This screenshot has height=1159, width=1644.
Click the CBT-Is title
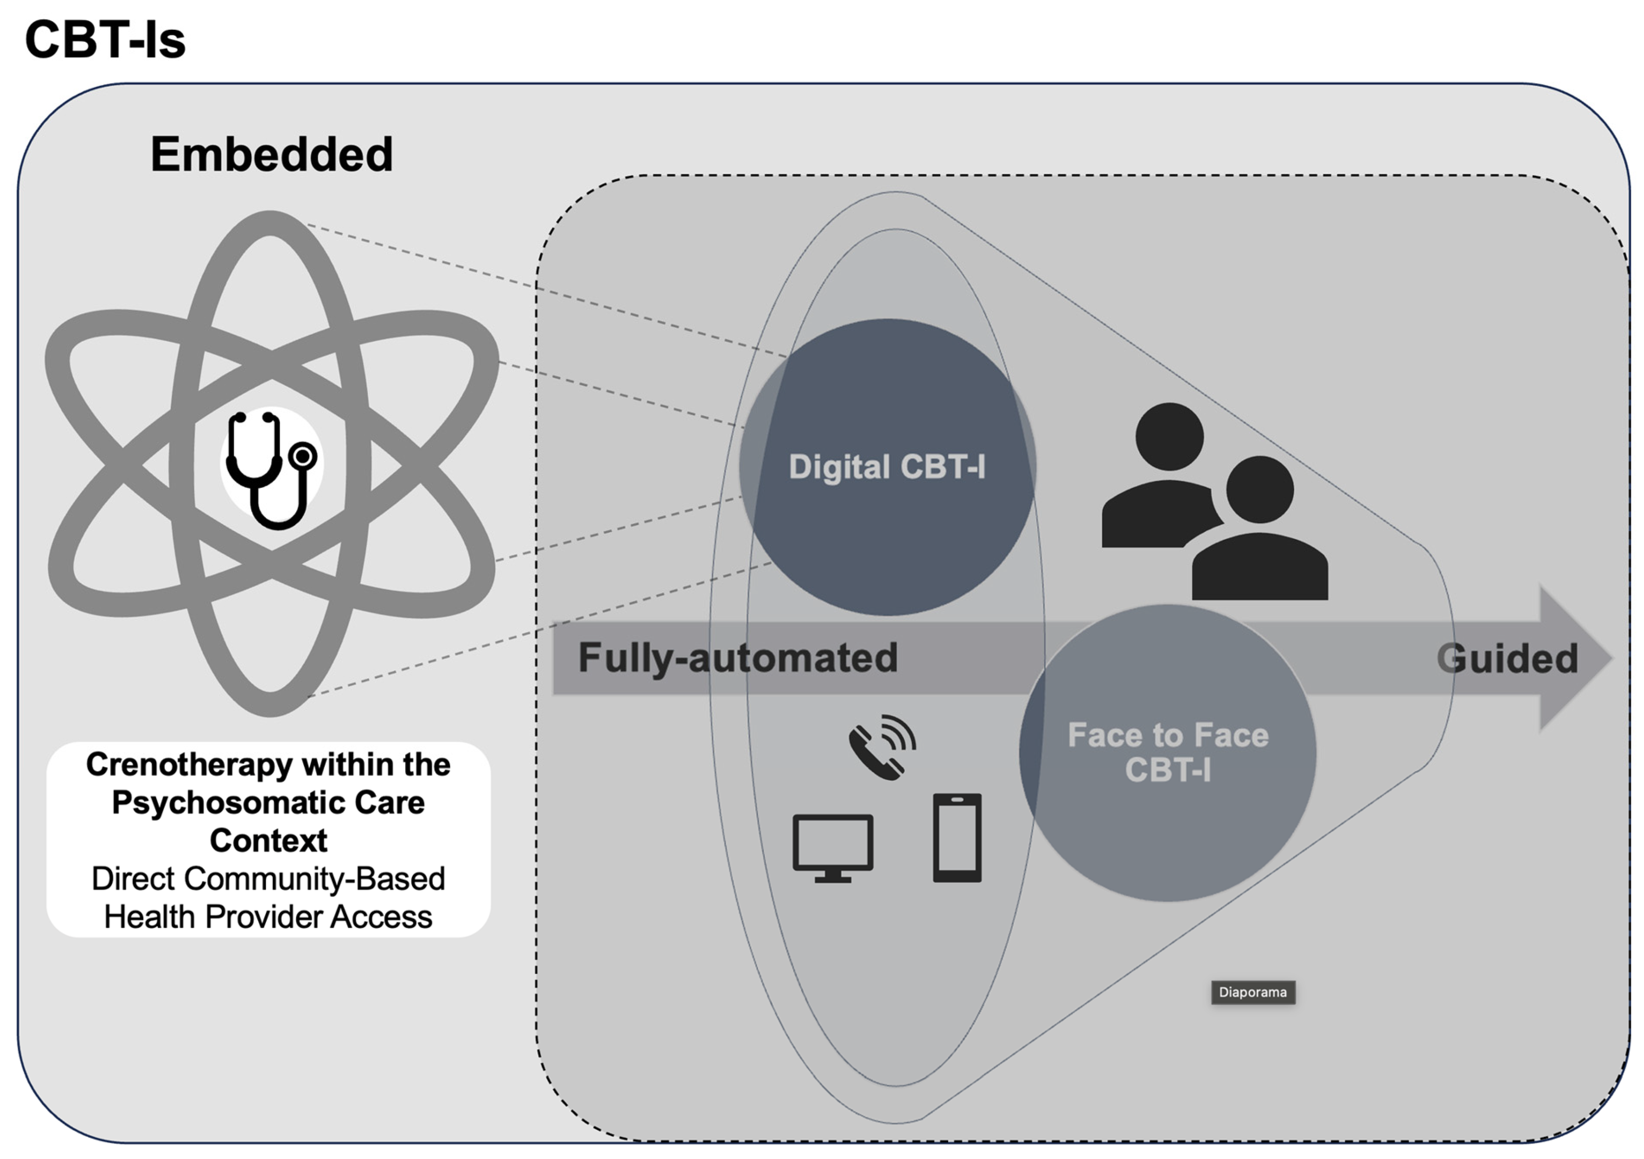coord(105,40)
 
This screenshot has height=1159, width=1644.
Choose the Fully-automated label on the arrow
coord(738,658)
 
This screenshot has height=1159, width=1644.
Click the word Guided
coord(1507,659)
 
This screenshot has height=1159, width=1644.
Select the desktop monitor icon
coord(833,848)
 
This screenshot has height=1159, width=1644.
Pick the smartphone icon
coord(957,837)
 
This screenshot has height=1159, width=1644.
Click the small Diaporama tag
coord(1252,992)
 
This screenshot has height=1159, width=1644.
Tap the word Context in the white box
coord(269,841)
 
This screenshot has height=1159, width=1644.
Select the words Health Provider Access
coord(269,917)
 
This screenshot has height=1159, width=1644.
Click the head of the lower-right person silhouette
coord(1260,490)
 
